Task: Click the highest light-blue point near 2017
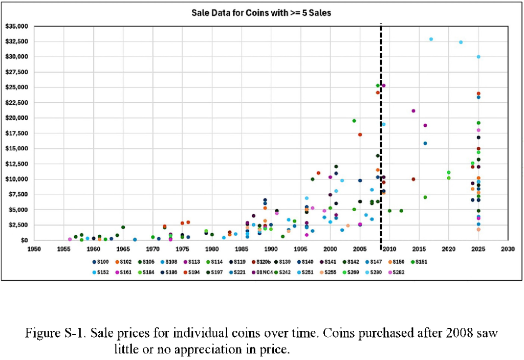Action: tap(431, 39)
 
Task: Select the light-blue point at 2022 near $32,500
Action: tap(461, 42)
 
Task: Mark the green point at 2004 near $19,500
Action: tap(354, 121)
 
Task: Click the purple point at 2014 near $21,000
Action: tap(413, 111)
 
